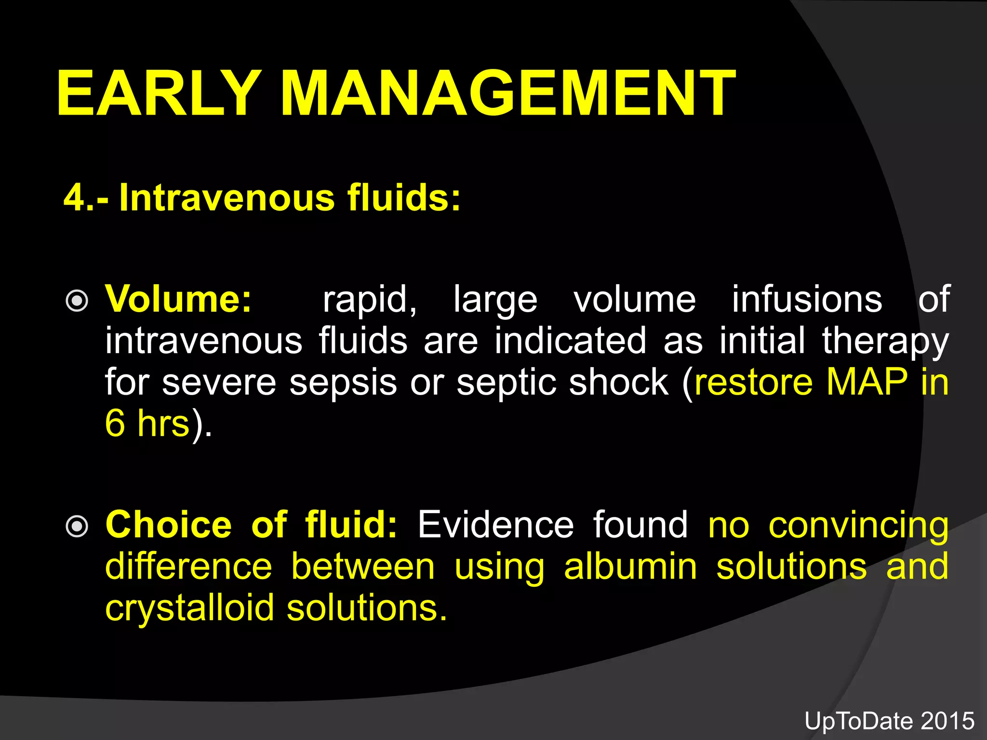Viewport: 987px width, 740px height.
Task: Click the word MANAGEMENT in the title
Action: [508, 92]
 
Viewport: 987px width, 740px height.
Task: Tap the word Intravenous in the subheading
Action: [227, 197]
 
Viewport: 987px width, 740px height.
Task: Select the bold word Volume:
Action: [178, 299]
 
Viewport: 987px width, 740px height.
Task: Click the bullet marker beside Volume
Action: [77, 301]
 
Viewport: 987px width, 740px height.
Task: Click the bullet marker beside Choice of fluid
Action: [77, 527]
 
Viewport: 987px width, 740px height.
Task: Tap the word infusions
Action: [807, 299]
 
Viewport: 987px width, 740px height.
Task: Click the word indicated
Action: [570, 340]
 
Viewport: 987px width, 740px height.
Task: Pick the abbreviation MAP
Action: [867, 382]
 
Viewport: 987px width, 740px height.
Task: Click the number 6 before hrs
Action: [115, 423]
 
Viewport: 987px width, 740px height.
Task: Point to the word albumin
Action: [630, 567]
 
